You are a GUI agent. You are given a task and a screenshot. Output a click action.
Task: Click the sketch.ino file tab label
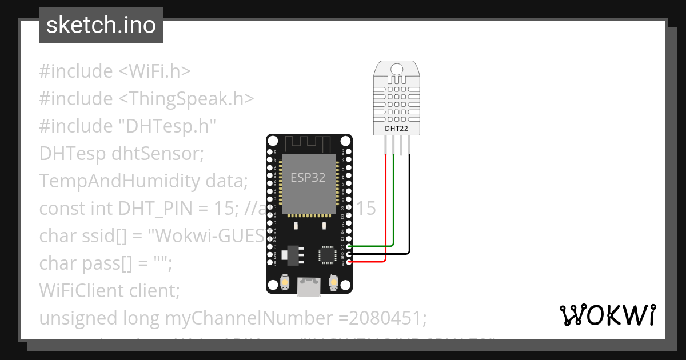pos(101,25)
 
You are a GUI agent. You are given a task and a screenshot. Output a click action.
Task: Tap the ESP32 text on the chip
pos(308,178)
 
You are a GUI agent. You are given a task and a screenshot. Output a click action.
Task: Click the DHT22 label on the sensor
pos(397,129)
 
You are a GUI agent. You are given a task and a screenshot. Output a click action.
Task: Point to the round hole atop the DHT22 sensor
pos(397,69)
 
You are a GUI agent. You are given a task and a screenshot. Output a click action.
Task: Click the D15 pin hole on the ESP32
pos(348,246)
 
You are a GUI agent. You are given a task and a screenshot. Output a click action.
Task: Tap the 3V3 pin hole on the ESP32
pos(348,262)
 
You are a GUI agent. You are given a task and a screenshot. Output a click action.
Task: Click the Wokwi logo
pos(607,315)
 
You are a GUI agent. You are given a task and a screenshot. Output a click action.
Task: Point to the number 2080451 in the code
pos(389,318)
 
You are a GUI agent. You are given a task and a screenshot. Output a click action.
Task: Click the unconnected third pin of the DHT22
pos(402,147)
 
